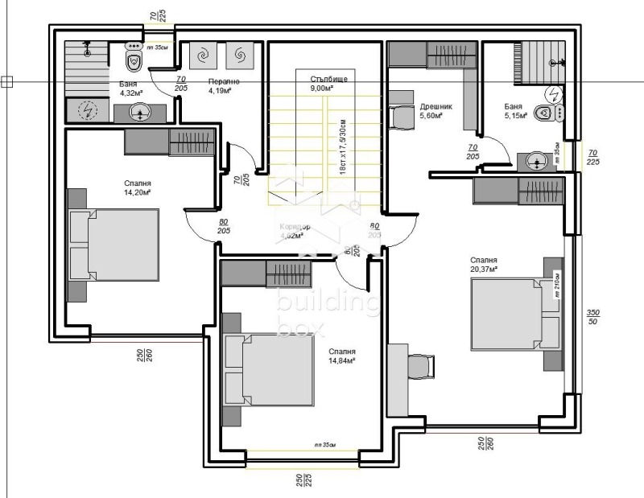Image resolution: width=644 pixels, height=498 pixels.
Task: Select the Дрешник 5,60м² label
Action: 436,110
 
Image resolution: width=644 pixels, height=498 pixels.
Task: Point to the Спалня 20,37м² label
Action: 484,265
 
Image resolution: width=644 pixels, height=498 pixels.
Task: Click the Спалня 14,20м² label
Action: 138,187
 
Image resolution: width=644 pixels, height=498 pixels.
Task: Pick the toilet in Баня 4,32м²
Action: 134,59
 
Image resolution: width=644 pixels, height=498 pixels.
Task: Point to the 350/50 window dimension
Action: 593,317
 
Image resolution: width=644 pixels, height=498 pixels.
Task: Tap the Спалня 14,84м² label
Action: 342,356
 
